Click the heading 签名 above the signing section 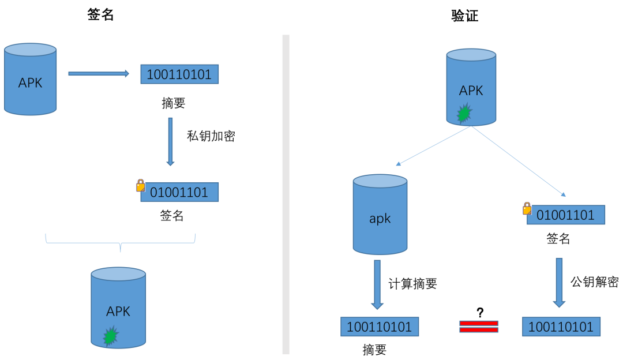pos(100,15)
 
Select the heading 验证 pos(464,16)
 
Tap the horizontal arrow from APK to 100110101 pos(98,73)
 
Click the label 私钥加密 pos(211,136)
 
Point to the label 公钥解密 pos(594,282)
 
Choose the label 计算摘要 pos(412,284)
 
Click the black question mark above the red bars pos(479,313)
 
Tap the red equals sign pos(479,327)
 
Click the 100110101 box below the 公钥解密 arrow pos(561,327)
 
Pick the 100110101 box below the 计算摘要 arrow pos(379,327)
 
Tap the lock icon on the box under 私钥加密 pos(140,185)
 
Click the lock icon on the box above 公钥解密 pos(527,208)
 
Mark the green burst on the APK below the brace pos(110,336)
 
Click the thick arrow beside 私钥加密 pos(170,141)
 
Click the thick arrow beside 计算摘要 pos(377,284)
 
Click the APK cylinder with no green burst pos(31,80)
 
